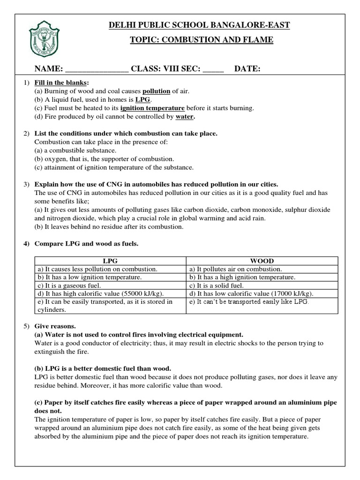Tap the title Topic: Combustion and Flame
point(201,40)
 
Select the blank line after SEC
point(213,69)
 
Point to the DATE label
point(247,69)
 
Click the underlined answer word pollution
point(156,91)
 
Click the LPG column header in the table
point(111,261)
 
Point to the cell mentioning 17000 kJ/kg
point(251,293)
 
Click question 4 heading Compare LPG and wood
point(80,243)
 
